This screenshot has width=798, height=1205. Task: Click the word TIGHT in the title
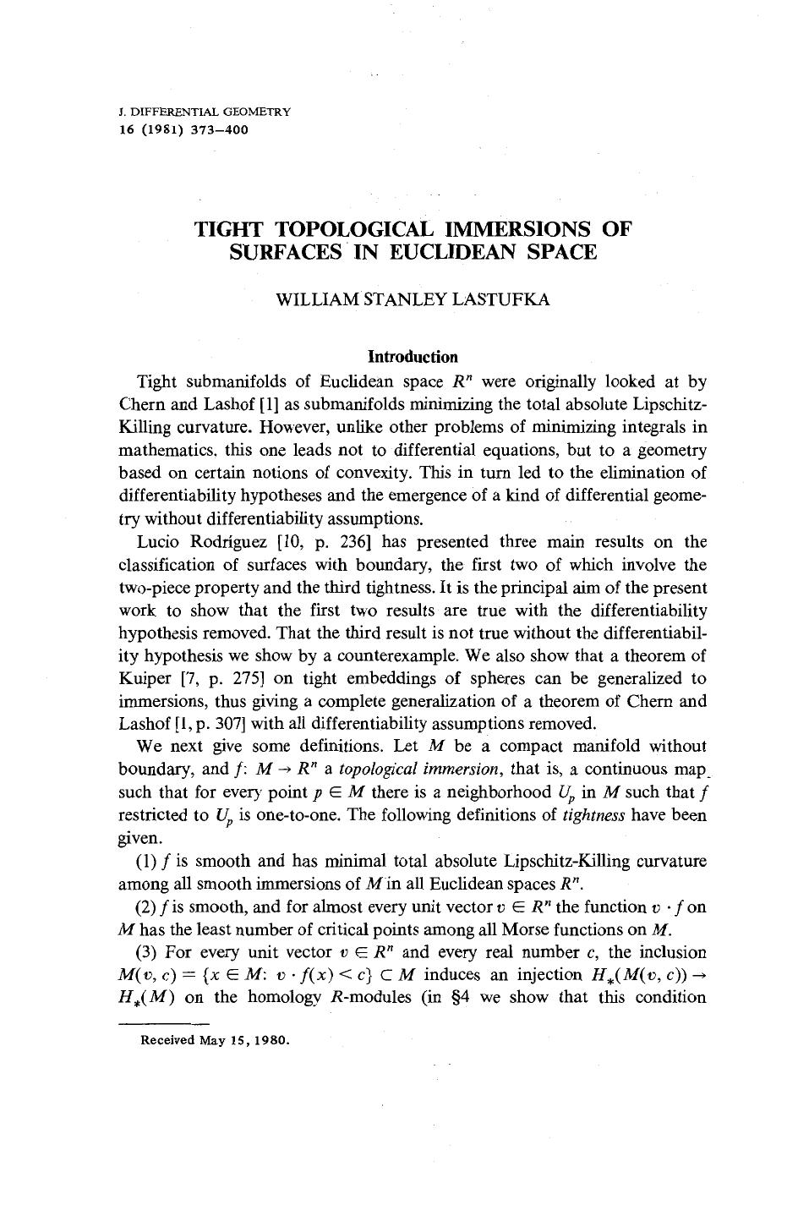point(231,229)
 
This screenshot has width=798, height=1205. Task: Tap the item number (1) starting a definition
point(145,862)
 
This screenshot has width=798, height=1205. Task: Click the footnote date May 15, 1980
point(244,1040)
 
